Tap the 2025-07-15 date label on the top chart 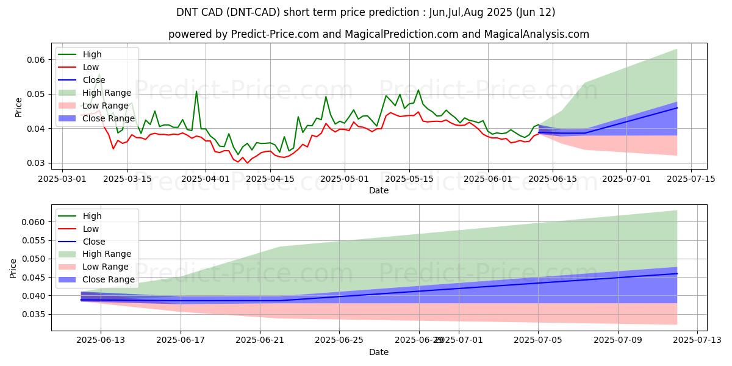(691, 179)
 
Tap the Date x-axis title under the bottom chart (379, 353)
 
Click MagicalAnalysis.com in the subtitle (537, 34)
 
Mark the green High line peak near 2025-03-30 (196, 91)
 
